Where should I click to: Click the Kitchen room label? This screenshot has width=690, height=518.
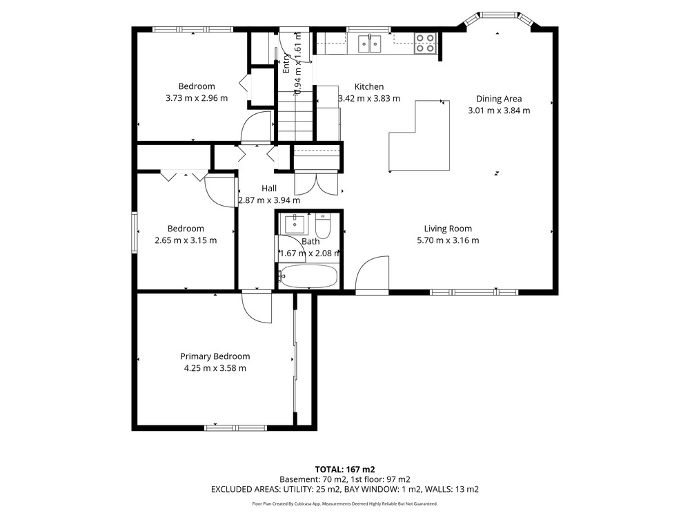click(368, 87)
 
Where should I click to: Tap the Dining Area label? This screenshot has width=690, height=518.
click(499, 99)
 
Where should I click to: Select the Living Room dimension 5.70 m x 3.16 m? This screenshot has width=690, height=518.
click(448, 240)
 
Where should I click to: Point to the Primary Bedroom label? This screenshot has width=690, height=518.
click(215, 356)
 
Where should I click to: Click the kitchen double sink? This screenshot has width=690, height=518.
click(369, 44)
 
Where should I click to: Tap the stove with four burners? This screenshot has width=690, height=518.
click(426, 43)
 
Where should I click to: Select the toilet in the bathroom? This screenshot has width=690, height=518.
click(323, 225)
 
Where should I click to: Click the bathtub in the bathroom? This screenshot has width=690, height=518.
click(308, 276)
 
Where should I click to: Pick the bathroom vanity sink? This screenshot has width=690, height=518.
click(294, 224)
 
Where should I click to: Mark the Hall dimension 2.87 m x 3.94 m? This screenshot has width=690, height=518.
click(269, 200)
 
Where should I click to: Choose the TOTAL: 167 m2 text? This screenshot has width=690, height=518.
click(345, 470)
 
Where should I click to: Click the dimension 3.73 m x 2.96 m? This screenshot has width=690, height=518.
click(197, 98)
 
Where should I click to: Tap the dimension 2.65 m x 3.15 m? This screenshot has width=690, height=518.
click(186, 240)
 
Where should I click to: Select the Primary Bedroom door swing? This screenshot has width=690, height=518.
click(257, 307)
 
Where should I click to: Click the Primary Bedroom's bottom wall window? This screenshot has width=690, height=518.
click(235, 428)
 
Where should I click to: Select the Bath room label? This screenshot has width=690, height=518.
click(310, 241)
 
